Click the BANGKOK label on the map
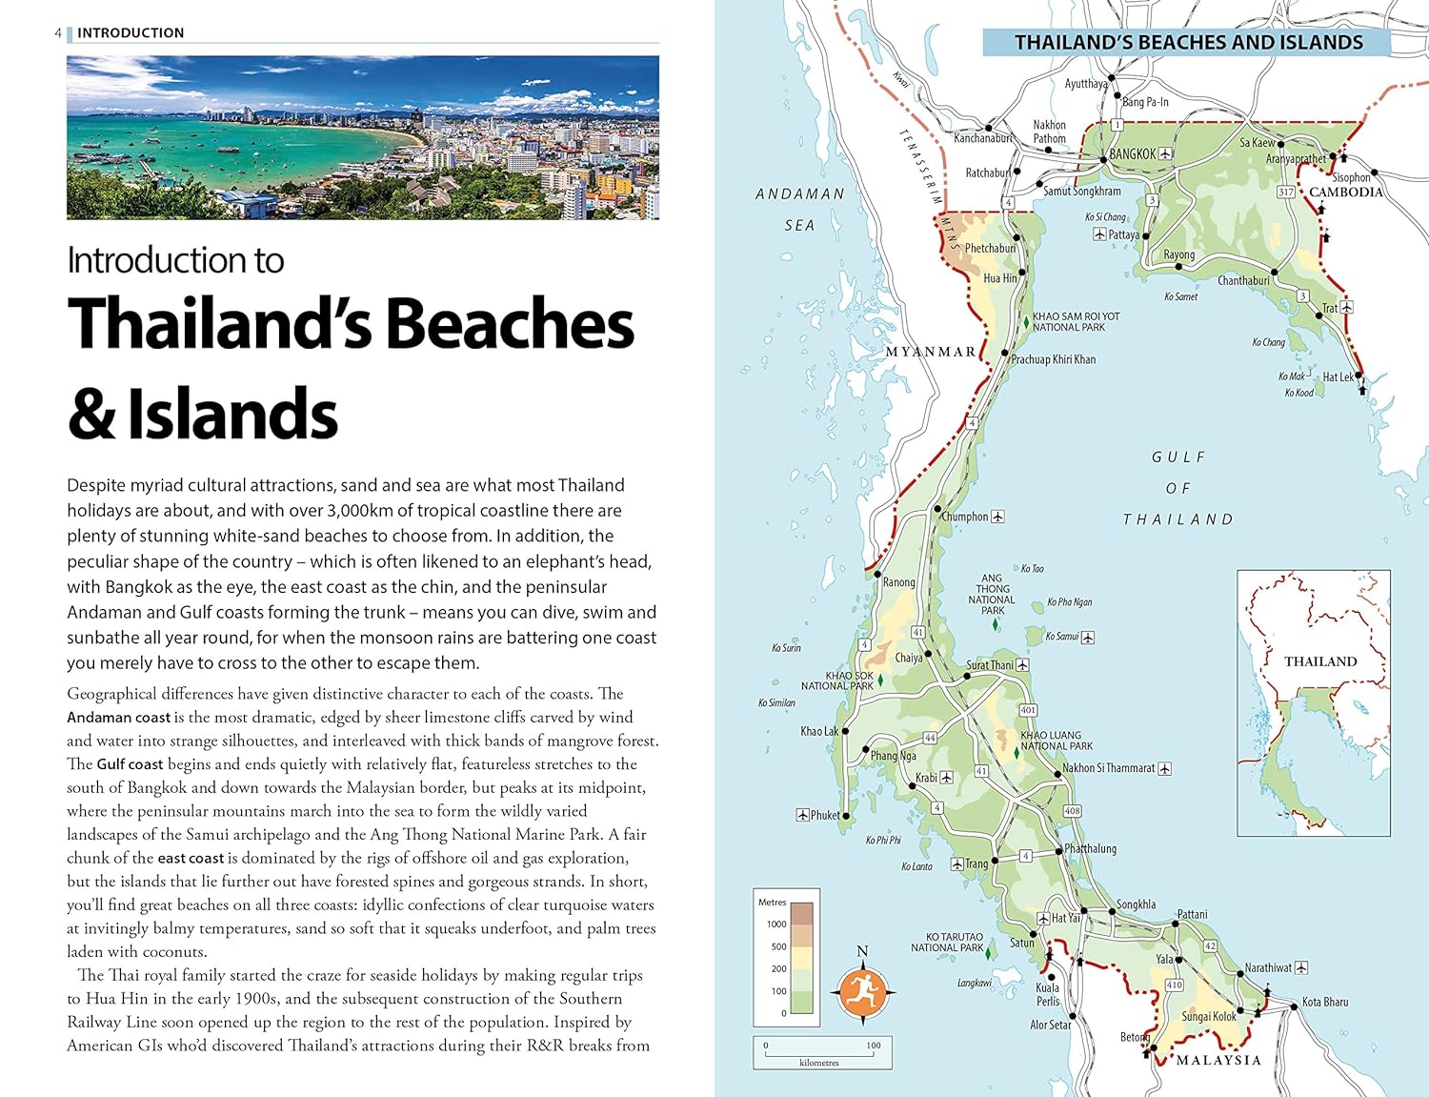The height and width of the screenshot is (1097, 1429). coord(1133,153)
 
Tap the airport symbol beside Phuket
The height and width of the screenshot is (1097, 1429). coord(802,815)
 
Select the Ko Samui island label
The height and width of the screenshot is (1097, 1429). coord(1062,636)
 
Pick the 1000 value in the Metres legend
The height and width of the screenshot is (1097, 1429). coord(776,924)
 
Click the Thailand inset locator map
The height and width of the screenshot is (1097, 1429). coord(1313,702)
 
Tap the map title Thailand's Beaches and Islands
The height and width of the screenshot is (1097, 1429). coord(1187,42)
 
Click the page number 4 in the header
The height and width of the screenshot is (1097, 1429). coord(58,32)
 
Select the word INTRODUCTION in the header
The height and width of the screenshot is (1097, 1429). coord(131,32)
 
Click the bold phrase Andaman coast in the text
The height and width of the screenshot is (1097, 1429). coord(118,718)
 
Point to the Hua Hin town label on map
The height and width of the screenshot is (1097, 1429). coord(999,278)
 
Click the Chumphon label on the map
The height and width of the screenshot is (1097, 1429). coord(965,517)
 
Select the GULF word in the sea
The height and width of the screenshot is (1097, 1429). coord(1178,457)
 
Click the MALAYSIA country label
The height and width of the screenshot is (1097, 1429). coord(1218,1060)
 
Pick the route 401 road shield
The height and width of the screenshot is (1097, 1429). coord(1028,710)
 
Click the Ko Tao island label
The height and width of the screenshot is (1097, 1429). coord(1032,569)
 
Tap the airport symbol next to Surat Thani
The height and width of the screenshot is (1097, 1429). coord(1022,664)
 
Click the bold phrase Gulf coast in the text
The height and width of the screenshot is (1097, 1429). coord(130,764)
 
